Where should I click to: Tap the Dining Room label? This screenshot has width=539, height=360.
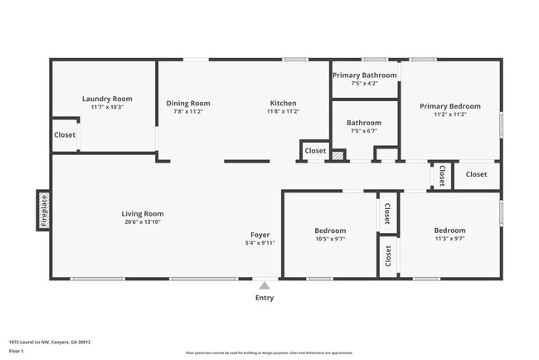point(192,104)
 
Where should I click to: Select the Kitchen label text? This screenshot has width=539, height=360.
point(283,104)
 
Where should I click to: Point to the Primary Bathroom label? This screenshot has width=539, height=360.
point(364,75)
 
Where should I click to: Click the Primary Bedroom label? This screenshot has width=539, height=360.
point(449,106)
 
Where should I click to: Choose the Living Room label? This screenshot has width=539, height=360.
point(143,213)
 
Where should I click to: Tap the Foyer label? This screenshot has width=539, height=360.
point(260,235)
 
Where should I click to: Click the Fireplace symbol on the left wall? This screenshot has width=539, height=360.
point(44,210)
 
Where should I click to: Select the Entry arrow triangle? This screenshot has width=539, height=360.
point(265,285)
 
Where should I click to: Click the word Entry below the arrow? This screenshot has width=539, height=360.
point(265,298)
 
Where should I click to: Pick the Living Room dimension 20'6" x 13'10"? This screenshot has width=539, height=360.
point(143,221)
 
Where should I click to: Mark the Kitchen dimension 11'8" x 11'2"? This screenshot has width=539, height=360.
point(283,112)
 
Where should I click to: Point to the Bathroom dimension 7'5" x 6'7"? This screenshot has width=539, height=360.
point(364,130)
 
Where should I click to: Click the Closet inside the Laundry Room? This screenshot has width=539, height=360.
point(65,135)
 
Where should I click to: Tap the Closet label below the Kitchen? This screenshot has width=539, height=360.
point(315,151)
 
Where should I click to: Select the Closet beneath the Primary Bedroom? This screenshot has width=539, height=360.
point(476,174)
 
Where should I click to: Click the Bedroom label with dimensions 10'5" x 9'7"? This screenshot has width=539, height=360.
point(330,231)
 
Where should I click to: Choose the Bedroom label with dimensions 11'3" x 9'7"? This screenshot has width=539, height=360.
point(449,231)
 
